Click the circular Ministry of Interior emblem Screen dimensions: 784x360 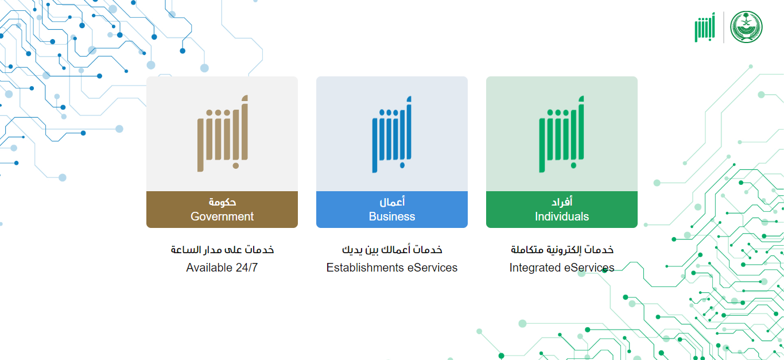point(746,27)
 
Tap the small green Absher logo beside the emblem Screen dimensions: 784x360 point(705,28)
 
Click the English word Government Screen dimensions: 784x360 point(222,216)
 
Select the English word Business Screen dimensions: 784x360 point(392,216)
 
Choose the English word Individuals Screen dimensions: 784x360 point(562,216)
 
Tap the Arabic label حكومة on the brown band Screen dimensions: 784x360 point(222,202)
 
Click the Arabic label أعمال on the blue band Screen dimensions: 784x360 point(392,202)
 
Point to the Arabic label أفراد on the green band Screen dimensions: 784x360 point(562,202)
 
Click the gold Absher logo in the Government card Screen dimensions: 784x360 point(223,133)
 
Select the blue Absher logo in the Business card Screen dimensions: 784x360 point(391,134)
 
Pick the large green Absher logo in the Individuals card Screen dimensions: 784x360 point(561,134)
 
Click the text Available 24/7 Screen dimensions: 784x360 point(222,268)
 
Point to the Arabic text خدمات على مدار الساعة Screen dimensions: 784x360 point(222,250)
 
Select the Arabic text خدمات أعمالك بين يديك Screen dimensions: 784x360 point(392,250)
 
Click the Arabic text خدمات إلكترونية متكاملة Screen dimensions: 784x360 point(562,250)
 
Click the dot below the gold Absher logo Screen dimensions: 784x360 point(235,165)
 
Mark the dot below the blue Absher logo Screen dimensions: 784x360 point(402,165)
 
